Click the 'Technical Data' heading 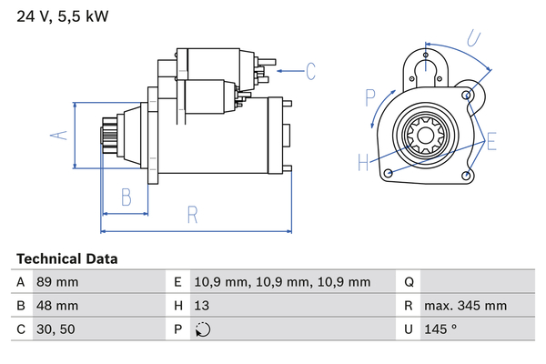(66, 258)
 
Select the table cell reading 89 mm (56, 283)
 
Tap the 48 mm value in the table (56, 306)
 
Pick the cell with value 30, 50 (54, 329)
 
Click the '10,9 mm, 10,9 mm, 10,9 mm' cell (283, 283)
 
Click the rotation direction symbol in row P (203, 329)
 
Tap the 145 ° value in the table (440, 329)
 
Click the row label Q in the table (409, 283)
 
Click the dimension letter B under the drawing (126, 197)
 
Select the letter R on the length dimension (193, 215)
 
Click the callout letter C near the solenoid (309, 70)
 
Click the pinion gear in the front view (424, 138)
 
